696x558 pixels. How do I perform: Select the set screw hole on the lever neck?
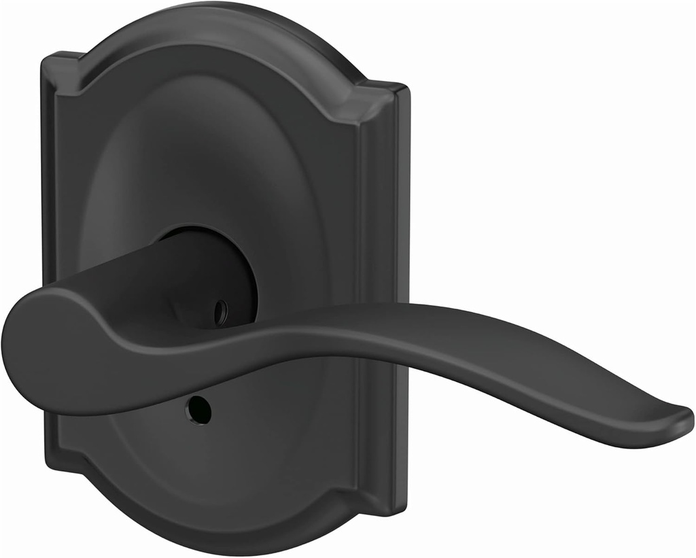click(x=219, y=312)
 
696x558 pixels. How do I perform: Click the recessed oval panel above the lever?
click(x=211, y=150)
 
